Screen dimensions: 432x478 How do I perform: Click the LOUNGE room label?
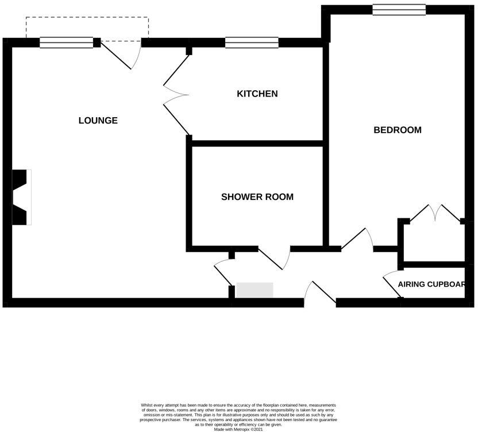[x=98, y=121]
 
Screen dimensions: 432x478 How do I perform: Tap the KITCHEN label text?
[x=257, y=94]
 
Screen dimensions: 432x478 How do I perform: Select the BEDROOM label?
[x=398, y=130]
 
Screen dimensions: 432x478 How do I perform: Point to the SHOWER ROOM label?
[x=257, y=197]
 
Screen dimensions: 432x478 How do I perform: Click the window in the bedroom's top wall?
[x=399, y=9]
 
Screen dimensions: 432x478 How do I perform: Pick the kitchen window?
[x=252, y=42]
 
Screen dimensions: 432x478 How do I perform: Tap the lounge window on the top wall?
[x=66, y=42]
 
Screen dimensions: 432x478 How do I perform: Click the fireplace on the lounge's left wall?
[x=21, y=197]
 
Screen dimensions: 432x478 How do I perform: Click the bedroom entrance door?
[x=358, y=240]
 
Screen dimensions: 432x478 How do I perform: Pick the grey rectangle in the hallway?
[x=255, y=290]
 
